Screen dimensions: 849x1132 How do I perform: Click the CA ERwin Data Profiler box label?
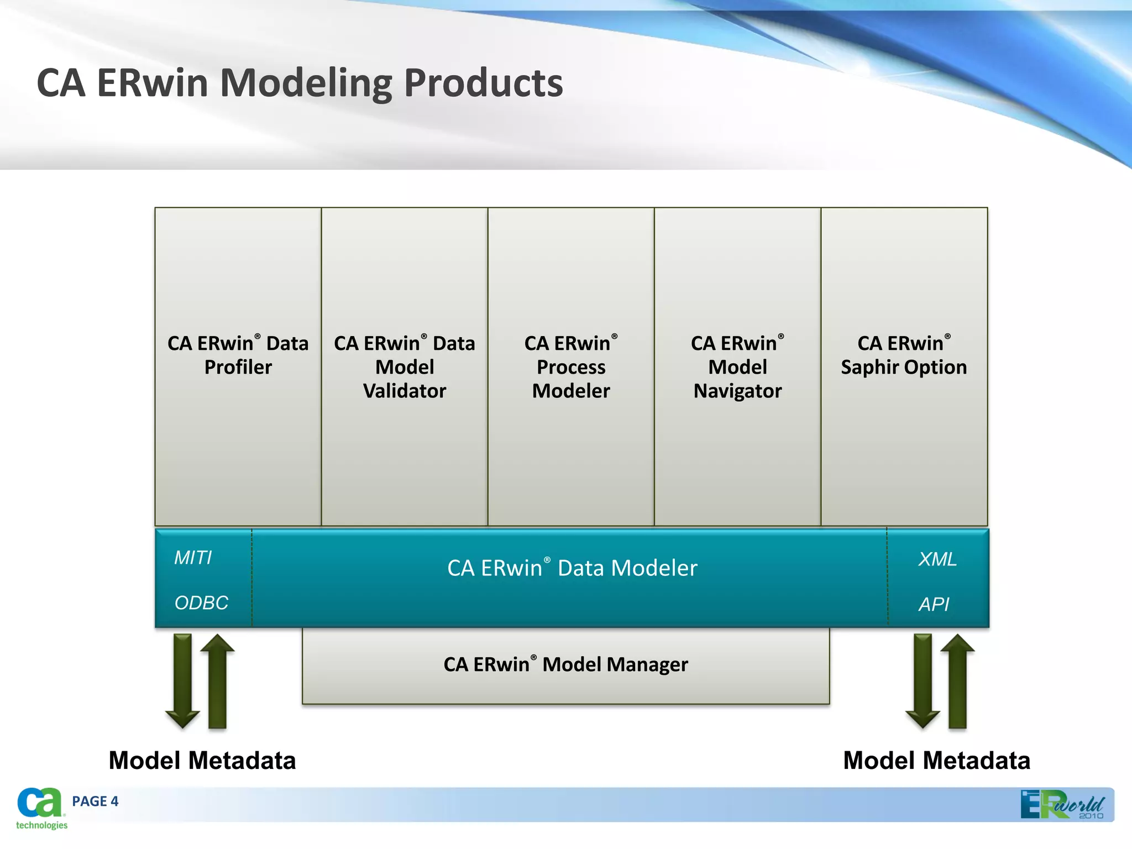[x=238, y=355]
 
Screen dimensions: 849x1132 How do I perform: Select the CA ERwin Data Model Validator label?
[x=404, y=367]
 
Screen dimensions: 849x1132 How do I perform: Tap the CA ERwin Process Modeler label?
[x=571, y=367]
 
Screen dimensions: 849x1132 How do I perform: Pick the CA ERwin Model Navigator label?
[x=737, y=367]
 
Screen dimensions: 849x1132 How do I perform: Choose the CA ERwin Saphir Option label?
[x=904, y=355]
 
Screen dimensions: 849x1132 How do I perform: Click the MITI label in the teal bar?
[x=193, y=558]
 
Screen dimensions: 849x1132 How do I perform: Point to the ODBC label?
[x=201, y=602]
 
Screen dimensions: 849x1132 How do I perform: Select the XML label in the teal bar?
[x=937, y=559]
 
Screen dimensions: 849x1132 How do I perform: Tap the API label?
[x=934, y=604]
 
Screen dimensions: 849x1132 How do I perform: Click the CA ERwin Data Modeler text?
[x=572, y=568]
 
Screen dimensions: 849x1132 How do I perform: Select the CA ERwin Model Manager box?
[x=565, y=664]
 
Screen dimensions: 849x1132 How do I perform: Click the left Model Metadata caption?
[x=202, y=761]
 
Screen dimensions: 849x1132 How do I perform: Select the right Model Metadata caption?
[x=936, y=761]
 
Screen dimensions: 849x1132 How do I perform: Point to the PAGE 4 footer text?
[x=95, y=801]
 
